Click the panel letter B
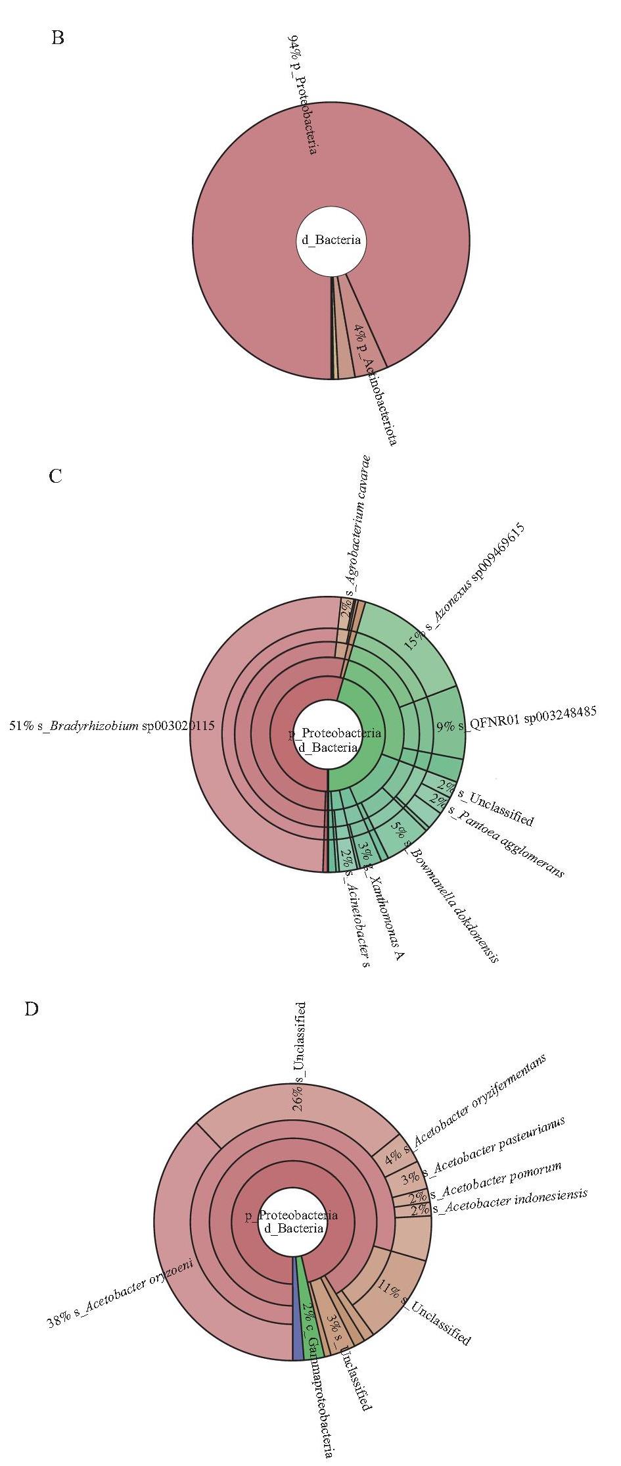(x=58, y=38)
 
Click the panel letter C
(x=56, y=476)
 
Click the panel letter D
(x=31, y=1009)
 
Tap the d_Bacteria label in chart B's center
(x=331, y=240)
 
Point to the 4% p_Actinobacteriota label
(x=375, y=385)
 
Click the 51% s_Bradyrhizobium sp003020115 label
(x=112, y=727)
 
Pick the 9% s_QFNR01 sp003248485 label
(x=517, y=721)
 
